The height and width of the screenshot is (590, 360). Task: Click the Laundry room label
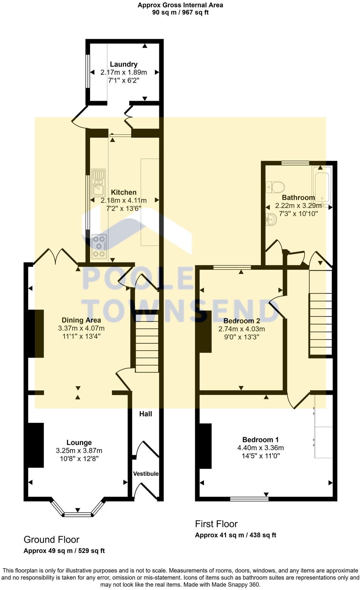[x=123, y=64]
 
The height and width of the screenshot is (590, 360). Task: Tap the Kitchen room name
[x=123, y=192]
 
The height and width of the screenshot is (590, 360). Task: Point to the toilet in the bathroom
[x=275, y=187]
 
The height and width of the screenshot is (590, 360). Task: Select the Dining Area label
[x=81, y=320]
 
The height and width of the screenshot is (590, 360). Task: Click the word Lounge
[x=79, y=443]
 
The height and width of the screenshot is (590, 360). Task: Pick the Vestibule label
[x=146, y=474]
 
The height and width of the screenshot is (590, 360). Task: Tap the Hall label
[x=146, y=414]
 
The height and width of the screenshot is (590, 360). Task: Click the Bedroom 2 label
[x=241, y=321]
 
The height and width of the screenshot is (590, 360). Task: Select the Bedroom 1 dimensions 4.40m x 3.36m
[x=261, y=448]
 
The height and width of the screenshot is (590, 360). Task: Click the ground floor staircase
[x=147, y=343]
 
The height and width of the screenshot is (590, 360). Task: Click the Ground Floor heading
[x=52, y=540]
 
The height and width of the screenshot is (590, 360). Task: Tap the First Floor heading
[x=216, y=524]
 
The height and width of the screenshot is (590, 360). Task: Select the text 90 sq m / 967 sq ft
[x=180, y=12]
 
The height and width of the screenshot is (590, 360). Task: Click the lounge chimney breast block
[x=36, y=445]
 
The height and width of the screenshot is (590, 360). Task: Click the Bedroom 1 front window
[x=249, y=498]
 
